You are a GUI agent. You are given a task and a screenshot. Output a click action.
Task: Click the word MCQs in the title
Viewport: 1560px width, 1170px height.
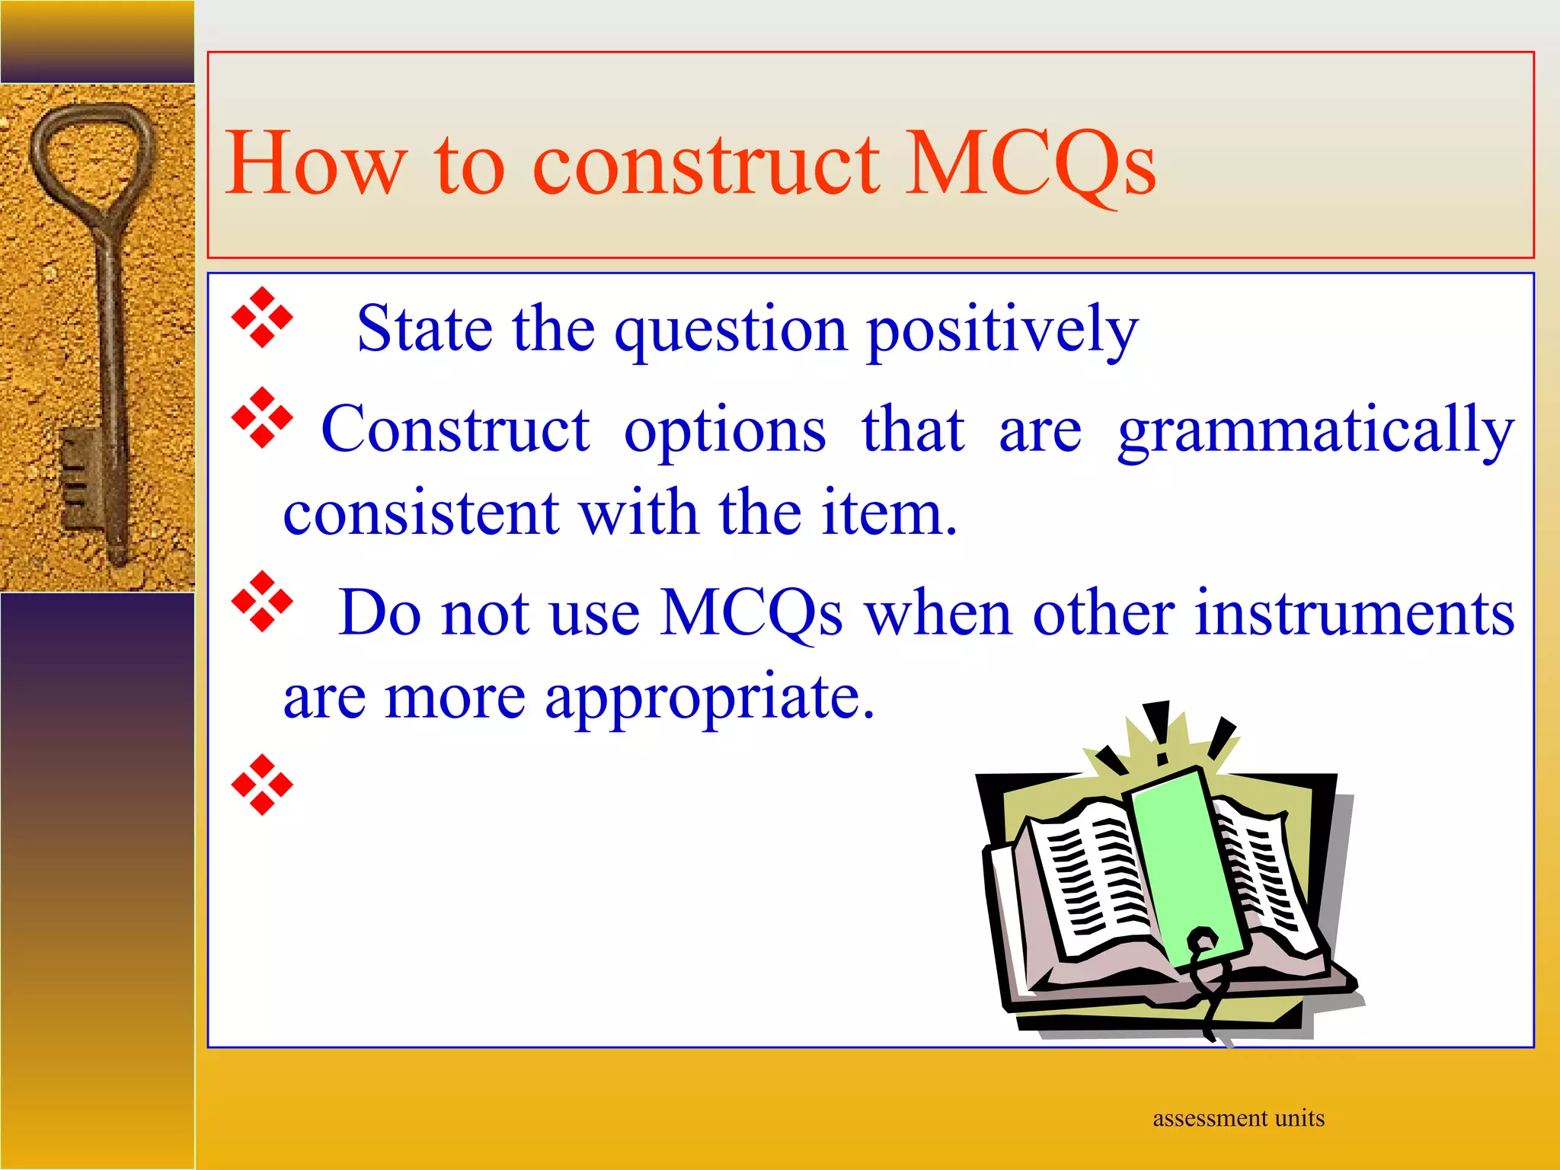1031,164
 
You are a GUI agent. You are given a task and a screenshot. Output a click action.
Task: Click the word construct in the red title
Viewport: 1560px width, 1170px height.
705,164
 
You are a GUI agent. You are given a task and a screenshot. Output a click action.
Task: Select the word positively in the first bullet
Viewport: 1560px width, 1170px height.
1002,329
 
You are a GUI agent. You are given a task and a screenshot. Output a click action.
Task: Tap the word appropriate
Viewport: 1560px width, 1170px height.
708,697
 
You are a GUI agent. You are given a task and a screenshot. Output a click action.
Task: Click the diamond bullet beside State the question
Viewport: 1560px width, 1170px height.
262,318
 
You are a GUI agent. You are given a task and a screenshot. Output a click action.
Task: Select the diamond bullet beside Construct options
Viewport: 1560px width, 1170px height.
262,417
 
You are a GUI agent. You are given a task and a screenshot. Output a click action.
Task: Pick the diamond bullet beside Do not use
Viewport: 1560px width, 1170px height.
262,602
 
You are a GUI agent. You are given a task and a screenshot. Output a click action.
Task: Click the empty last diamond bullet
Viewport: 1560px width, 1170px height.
262,785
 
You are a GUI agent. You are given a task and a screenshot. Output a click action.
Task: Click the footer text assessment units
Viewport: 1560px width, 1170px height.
1238,1118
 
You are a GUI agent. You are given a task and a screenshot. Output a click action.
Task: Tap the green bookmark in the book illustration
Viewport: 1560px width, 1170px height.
1184,861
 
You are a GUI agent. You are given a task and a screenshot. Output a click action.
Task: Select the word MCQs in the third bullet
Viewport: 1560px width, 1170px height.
750,613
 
